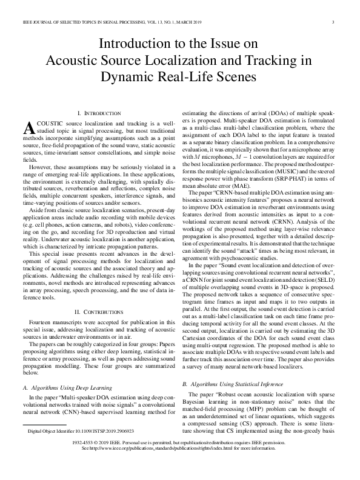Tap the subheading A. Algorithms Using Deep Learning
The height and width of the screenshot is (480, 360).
[x=66, y=387]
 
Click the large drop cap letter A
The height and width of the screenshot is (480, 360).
[x=27, y=128]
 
